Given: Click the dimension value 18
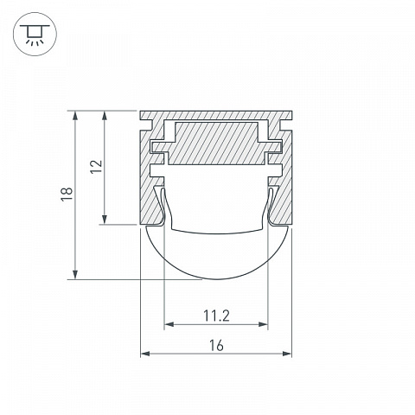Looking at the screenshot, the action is pyautogui.click(x=67, y=194).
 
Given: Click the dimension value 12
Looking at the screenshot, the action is pyautogui.click(x=96, y=167).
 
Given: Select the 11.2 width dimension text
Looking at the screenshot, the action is pyautogui.click(x=216, y=316).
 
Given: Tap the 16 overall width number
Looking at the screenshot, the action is pyautogui.click(x=216, y=345).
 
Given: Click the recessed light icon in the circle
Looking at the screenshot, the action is pyautogui.click(x=35, y=35).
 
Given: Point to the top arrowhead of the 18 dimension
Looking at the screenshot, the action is pyautogui.click(x=75, y=116).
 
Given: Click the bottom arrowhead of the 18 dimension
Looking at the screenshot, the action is pyautogui.click(x=75, y=274).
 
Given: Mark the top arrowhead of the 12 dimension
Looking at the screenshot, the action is pyautogui.click(x=105, y=116).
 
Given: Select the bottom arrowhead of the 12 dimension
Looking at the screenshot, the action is pyautogui.click(x=105, y=219).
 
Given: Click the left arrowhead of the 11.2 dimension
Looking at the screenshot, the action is pyautogui.click(x=169, y=324).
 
